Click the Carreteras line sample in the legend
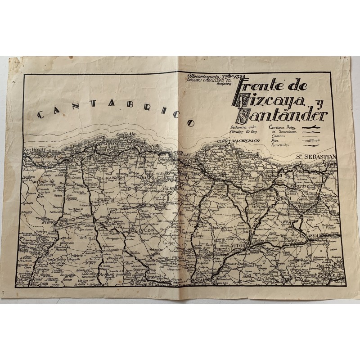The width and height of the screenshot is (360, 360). click(309, 129)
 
